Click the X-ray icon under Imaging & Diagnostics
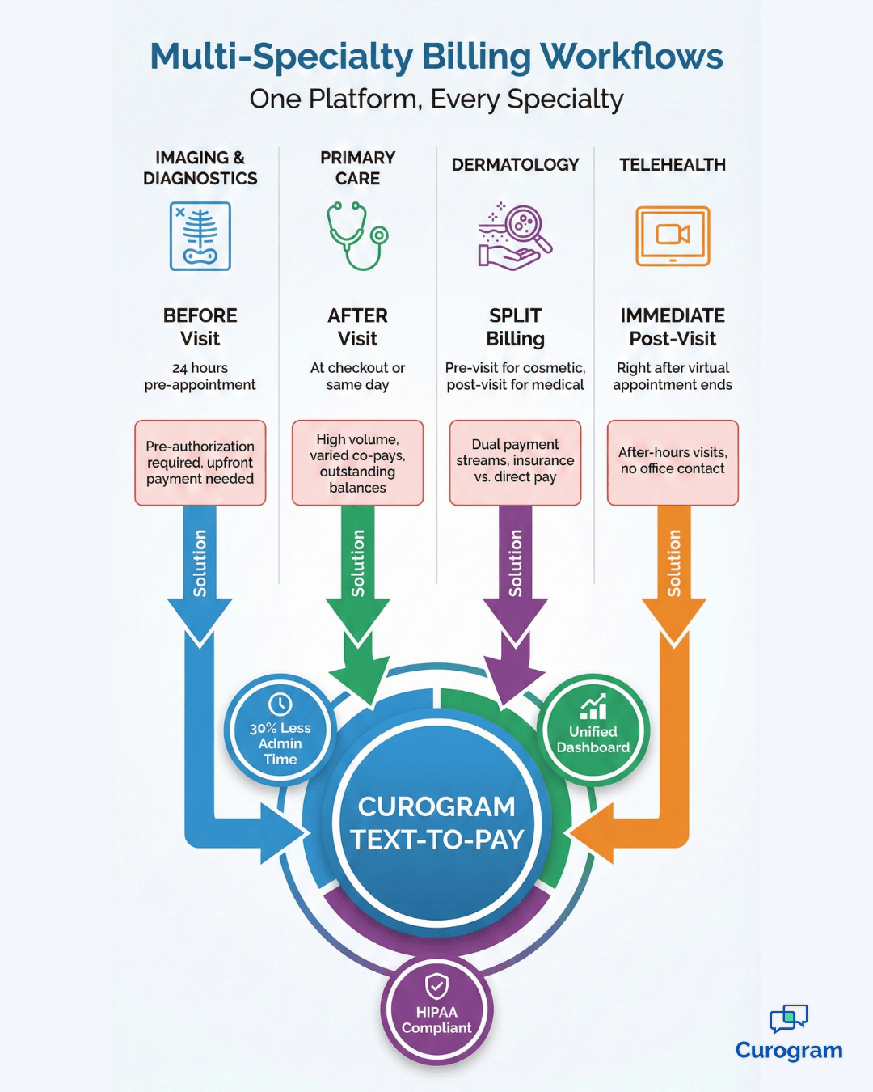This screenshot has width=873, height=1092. click(200, 236)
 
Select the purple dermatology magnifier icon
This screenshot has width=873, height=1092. click(515, 235)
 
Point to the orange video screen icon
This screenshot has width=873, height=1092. click(673, 235)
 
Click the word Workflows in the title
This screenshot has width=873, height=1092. click(631, 57)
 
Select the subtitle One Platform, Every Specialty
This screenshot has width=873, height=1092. click(436, 99)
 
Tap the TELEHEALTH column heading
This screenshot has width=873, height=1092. click(673, 165)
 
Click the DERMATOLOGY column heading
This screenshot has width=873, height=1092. click(515, 165)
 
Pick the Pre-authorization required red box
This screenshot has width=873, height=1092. click(200, 463)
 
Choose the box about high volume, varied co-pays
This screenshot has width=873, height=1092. click(357, 463)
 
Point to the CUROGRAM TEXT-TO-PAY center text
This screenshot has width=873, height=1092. click(436, 823)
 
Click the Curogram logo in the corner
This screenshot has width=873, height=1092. click(789, 1033)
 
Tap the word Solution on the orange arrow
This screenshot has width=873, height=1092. click(674, 563)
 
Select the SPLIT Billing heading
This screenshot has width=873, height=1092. click(515, 327)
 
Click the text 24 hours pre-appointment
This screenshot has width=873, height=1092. click(200, 376)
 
